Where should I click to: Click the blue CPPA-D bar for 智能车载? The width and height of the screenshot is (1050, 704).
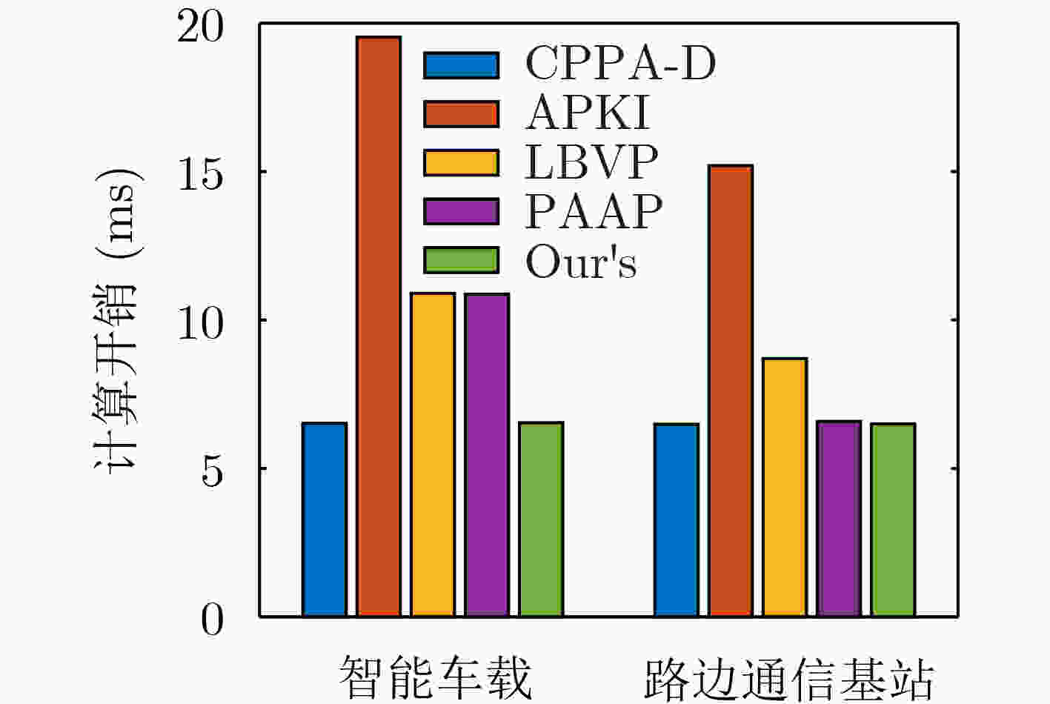[325, 519]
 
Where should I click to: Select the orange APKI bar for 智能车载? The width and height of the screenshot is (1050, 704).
[379, 326]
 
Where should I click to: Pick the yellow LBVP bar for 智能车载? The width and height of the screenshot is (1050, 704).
[433, 454]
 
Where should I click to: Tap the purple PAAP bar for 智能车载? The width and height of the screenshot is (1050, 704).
[487, 455]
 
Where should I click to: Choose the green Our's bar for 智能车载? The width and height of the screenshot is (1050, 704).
[541, 519]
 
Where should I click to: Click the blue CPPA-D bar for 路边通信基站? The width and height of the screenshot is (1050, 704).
[677, 519]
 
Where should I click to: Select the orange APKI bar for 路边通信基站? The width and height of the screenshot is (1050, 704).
[731, 391]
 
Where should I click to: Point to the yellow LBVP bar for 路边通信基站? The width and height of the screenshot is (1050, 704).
[785, 487]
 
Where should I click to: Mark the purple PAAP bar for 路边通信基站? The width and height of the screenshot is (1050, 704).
[839, 519]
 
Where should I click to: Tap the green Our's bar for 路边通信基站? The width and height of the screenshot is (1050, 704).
[893, 519]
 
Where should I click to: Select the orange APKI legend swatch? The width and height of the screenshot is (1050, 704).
[461, 114]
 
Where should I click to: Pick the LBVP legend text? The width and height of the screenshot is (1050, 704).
[591, 162]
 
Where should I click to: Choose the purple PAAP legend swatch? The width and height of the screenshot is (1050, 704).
[461, 211]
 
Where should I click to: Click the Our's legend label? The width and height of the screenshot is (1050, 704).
[581, 262]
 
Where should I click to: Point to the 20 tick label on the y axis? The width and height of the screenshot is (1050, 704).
[199, 27]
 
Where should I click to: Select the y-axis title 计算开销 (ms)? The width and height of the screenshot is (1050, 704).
[117, 321]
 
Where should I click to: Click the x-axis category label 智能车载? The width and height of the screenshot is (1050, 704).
[436, 677]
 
